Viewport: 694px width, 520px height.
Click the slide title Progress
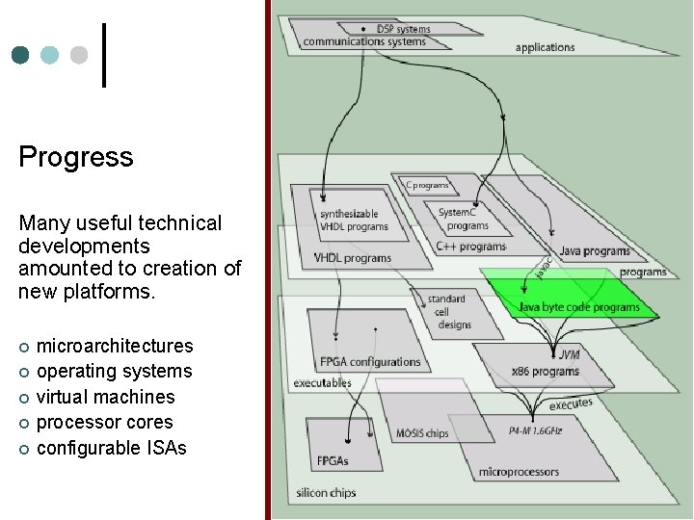[x=76, y=157]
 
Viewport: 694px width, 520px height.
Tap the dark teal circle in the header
[x=20, y=55]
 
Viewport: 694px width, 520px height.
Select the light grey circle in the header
[x=79, y=55]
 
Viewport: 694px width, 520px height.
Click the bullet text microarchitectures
[x=114, y=346]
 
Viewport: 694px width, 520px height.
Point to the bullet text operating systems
[x=114, y=371]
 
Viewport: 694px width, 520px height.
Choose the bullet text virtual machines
[x=105, y=397]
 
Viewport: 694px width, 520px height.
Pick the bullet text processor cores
[x=104, y=422]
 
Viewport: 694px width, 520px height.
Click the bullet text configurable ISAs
[x=111, y=448]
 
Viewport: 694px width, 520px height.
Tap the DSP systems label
[x=403, y=29]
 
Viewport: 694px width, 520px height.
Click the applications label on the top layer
[x=545, y=47]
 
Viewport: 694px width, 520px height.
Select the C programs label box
[x=427, y=184]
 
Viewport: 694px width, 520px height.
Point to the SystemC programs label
[x=464, y=219]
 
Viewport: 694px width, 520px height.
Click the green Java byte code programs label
[x=578, y=307]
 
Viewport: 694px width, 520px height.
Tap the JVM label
[x=569, y=354]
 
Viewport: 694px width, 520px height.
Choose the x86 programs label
[x=545, y=371]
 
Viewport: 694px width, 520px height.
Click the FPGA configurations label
[x=370, y=362]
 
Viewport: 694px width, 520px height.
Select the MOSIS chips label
[x=422, y=433]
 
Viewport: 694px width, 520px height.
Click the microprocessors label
[x=519, y=472]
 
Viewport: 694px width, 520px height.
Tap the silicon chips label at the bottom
[x=327, y=493]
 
